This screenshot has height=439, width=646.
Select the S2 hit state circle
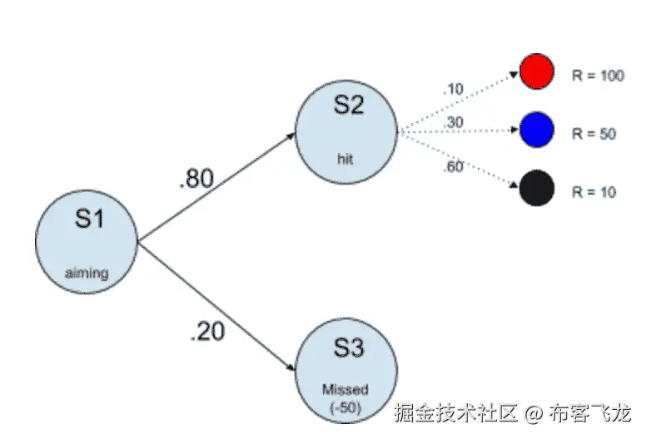point(348,131)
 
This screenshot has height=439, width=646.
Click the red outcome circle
point(537,72)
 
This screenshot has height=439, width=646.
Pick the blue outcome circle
point(537,131)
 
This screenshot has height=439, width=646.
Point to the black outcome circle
point(537,189)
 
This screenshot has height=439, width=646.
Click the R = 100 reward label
point(598,76)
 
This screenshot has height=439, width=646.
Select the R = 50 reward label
point(594,133)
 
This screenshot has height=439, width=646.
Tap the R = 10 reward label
point(594,192)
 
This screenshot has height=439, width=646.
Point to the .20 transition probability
point(206,332)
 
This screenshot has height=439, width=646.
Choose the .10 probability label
point(455,89)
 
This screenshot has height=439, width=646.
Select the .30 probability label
point(455,122)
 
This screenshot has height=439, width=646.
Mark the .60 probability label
point(455,165)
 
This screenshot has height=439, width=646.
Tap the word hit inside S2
point(345,157)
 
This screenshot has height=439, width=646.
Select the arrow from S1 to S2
point(216,186)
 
